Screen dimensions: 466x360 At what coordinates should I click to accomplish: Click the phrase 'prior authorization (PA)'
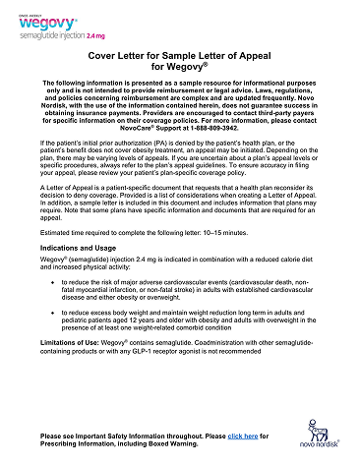133,156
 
